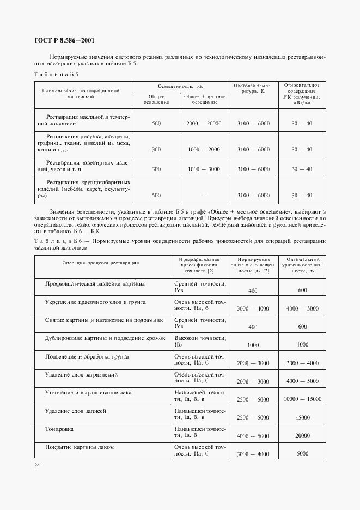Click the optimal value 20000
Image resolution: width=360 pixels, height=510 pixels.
303,436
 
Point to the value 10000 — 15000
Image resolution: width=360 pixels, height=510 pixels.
303,399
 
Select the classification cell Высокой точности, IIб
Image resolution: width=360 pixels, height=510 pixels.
199,342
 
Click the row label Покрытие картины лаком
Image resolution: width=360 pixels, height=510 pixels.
80,447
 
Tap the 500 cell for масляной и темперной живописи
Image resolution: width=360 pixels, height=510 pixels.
156,124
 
